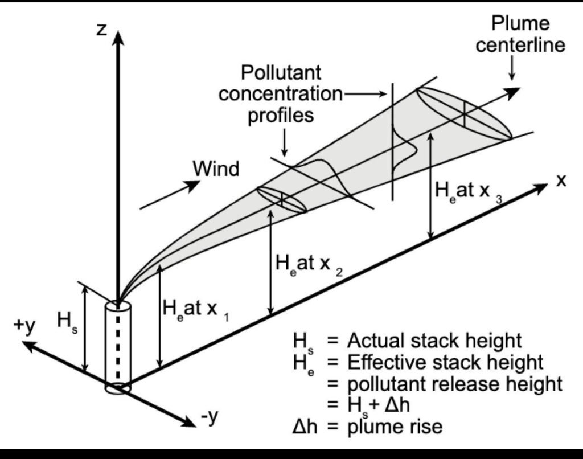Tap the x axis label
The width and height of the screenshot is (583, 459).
pyautogui.click(x=561, y=181)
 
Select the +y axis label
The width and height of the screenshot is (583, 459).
pyautogui.click(x=24, y=326)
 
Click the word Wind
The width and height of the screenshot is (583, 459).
pyautogui.click(x=216, y=169)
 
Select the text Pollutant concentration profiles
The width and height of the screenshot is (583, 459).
pyautogui.click(x=280, y=93)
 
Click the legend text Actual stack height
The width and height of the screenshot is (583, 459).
pyautogui.click(x=434, y=341)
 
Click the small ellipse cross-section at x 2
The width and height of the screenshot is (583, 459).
pyautogui.click(x=282, y=199)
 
